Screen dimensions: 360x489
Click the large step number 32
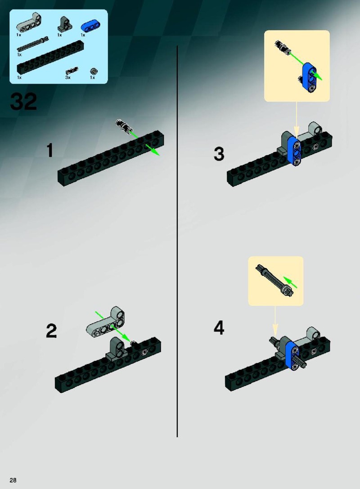[24, 101]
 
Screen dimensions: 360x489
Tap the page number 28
[13, 480]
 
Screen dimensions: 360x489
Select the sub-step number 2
[51, 331]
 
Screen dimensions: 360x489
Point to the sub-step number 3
[219, 154]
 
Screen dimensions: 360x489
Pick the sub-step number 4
[219, 328]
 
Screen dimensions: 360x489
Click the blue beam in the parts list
[89, 27]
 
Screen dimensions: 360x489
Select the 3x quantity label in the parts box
[68, 77]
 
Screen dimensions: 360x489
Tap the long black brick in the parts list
[48, 58]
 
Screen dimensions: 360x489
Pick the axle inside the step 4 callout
[274, 280]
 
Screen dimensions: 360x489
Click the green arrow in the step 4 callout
[290, 282]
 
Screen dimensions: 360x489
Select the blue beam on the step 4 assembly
[292, 355]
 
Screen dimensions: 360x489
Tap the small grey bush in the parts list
[93, 71]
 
